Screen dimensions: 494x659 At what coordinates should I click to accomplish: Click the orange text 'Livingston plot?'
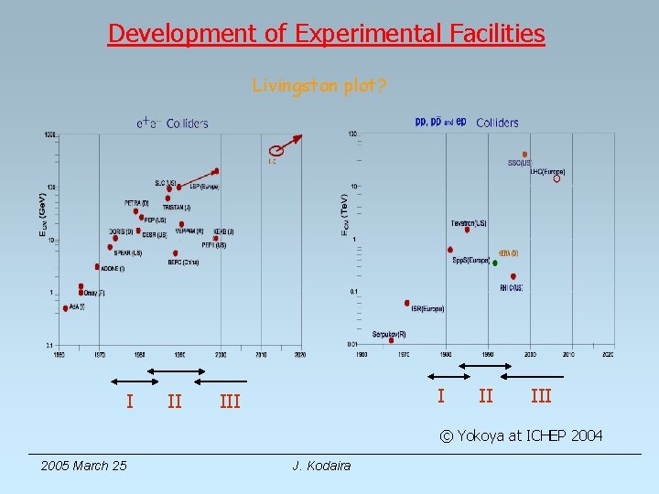[319, 86]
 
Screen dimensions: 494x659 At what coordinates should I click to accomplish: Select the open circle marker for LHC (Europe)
[556, 178]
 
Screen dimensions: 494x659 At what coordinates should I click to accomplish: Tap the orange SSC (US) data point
[524, 155]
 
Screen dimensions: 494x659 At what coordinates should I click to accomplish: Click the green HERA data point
[495, 263]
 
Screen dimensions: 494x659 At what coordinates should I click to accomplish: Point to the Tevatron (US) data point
[467, 230]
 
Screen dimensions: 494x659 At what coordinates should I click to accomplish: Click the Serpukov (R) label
[389, 334]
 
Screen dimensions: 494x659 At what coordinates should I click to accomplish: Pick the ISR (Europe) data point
[407, 303]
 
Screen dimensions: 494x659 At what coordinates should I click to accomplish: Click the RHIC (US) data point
[513, 276]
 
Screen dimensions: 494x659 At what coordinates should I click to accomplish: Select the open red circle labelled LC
[276, 151]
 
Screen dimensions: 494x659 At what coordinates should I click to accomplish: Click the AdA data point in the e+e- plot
[65, 308]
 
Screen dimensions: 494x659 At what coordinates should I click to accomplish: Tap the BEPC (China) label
[183, 262]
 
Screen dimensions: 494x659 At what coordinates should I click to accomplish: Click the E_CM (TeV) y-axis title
[343, 218]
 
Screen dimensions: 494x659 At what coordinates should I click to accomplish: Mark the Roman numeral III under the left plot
[230, 400]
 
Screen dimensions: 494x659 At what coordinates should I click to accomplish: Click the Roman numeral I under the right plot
[441, 395]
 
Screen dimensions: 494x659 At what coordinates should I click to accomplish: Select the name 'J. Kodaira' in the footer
[321, 466]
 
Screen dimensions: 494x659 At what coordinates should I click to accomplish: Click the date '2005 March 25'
[83, 466]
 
